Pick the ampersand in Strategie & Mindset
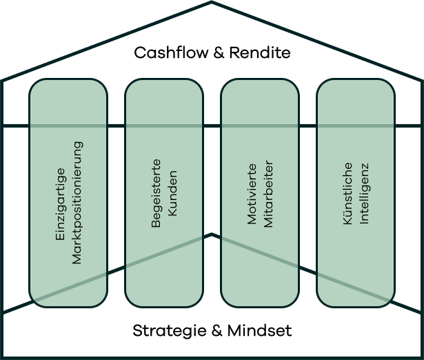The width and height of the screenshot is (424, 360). [216, 331]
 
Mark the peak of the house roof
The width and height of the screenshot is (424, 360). [212, 3]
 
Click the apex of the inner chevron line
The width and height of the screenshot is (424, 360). [212, 234]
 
